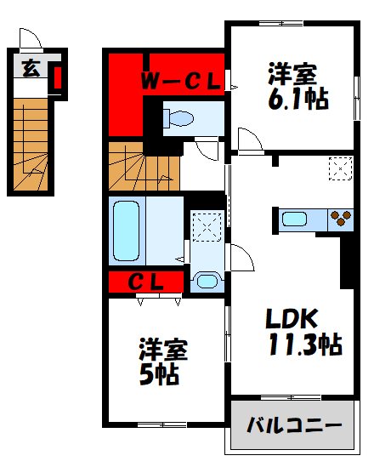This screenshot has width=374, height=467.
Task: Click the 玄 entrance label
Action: [31, 70]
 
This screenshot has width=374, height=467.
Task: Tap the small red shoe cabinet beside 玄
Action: [57, 78]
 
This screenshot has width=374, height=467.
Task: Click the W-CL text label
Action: [180, 83]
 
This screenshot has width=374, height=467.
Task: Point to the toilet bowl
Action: [182, 118]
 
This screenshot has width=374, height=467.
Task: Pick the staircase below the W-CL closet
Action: [144, 168]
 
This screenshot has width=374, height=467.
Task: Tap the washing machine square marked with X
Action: [207, 225]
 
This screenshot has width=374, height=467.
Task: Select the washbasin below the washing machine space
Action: [206, 280]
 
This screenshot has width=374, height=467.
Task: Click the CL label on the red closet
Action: [146, 281]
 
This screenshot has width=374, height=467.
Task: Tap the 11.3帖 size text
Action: [303, 345]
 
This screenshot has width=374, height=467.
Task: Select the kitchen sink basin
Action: [294, 219]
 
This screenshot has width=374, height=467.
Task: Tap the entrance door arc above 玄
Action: [31, 40]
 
